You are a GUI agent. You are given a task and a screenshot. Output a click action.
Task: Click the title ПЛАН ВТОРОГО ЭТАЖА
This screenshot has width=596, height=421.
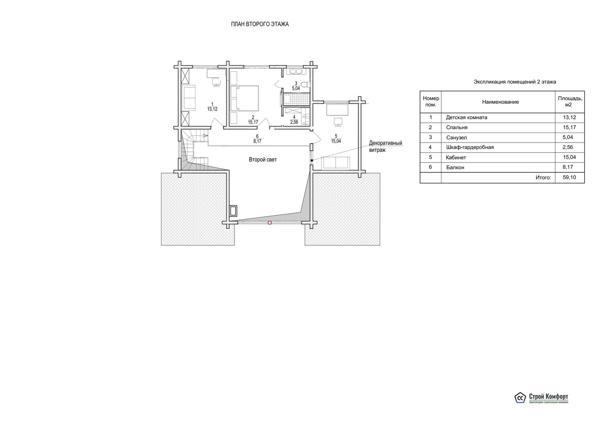coord(260,24)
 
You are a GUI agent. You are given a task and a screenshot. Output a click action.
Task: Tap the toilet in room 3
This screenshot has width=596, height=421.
coord(307,84)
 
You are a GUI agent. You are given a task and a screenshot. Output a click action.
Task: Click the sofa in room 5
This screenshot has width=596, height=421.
coord(336,163)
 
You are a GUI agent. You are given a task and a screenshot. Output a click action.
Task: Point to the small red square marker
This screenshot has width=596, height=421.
coord(270,223)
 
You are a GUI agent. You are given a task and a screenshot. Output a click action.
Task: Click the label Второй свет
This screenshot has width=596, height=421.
coord(263,160)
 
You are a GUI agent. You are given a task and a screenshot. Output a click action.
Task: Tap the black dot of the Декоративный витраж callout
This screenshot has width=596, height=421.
coord(311,160)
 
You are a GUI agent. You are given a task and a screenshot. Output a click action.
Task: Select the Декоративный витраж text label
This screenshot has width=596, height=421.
coord(386,146)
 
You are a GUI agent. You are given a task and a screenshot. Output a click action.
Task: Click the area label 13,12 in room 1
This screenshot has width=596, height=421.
coord(212,109)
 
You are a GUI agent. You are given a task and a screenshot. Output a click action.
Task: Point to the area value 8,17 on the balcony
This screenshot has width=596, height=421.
coord(257,141)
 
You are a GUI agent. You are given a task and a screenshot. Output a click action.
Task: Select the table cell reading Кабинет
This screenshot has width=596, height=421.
coord(456,157)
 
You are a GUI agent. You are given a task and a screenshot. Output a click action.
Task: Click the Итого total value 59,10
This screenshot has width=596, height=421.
coord(569,177)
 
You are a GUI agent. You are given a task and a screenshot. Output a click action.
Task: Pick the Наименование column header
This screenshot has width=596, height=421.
coord(501,102)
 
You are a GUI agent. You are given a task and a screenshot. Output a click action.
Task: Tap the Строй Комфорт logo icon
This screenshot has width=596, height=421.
coord(520,405)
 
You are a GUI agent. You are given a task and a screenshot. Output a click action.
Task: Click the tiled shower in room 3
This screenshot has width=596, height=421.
coord(297,99)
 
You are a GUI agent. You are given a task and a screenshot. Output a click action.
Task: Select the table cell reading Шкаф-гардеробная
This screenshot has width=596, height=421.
coord(470,147)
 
